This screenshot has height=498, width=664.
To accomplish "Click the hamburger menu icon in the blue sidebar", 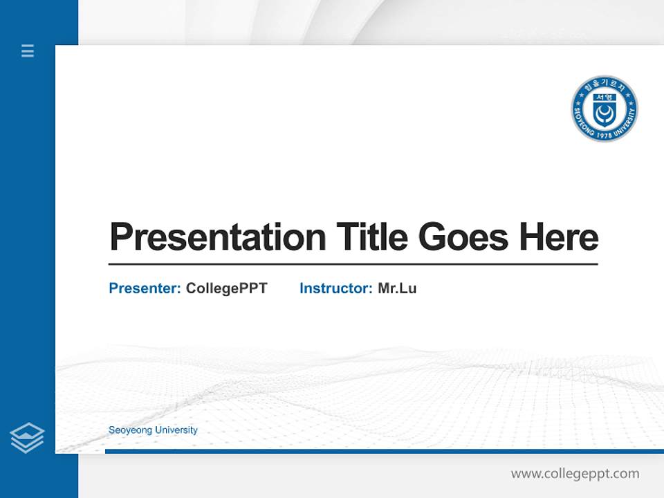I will tap(28, 50).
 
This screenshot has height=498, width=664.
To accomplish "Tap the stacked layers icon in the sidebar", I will tap(27, 438).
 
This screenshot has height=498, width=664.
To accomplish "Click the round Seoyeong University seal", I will tap(604, 109).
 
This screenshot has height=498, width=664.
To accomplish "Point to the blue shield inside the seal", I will tap(604, 111).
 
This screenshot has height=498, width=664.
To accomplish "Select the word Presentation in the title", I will tap(217, 237).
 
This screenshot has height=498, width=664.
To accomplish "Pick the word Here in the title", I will tap(559, 237).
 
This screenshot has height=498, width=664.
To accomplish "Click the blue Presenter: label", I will tap(145, 288).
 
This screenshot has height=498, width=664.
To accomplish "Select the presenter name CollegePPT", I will tap(226, 288).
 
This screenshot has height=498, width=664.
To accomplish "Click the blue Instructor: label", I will tap(335, 288).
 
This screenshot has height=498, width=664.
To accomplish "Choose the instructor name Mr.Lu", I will tap(397, 288).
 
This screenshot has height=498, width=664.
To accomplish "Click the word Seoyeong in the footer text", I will tap(130, 430).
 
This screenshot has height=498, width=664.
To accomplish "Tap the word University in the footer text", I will tap(176, 430).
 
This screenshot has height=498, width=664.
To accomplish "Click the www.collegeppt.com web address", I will tap(575, 474).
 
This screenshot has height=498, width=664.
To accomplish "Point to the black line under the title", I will tap(353, 264).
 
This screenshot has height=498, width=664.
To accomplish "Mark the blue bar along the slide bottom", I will tap(384, 452).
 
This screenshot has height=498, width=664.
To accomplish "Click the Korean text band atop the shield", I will tap(604, 98).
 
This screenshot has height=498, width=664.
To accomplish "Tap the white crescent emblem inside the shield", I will tap(604, 115).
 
